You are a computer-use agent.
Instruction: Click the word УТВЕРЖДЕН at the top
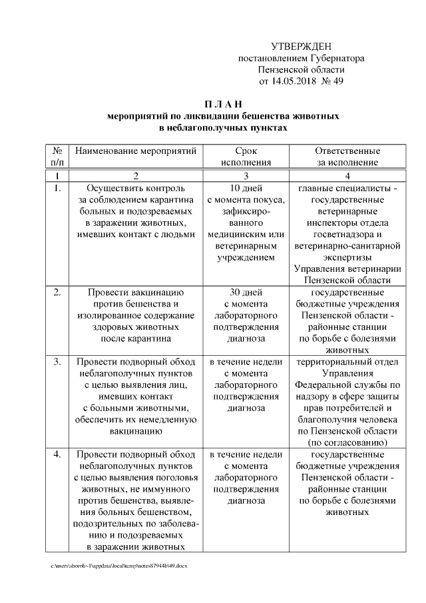[x=301, y=46]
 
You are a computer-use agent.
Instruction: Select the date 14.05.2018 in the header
[x=296, y=82]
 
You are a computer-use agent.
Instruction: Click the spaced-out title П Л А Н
[x=223, y=103]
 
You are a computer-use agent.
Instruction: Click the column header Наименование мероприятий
[x=136, y=151]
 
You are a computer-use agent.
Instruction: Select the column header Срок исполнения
[x=246, y=156]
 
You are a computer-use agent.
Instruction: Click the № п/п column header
[x=57, y=156]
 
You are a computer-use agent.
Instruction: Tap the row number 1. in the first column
[x=57, y=188]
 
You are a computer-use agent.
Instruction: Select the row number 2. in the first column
[x=57, y=292]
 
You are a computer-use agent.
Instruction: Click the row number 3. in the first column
[x=57, y=362]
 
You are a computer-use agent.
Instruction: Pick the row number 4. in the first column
[x=57, y=454]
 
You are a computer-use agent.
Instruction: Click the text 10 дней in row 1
[x=246, y=188]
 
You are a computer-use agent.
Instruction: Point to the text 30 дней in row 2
[x=246, y=292]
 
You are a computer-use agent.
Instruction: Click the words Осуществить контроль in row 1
[x=136, y=188]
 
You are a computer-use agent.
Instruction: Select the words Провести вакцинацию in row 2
[x=136, y=292]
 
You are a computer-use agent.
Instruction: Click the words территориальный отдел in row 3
[x=347, y=362]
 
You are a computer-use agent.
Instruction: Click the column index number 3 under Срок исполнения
[x=246, y=175]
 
